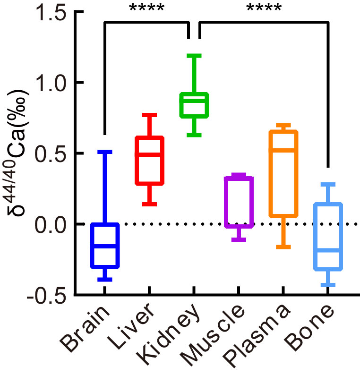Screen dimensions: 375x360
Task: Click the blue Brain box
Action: coord(105,246)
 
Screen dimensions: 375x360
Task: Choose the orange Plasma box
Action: coord(283,173)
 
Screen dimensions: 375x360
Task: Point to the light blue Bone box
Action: coord(327,237)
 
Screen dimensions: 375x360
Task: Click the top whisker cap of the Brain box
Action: coord(105,152)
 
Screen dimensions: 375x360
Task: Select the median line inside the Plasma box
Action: coord(283,150)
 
